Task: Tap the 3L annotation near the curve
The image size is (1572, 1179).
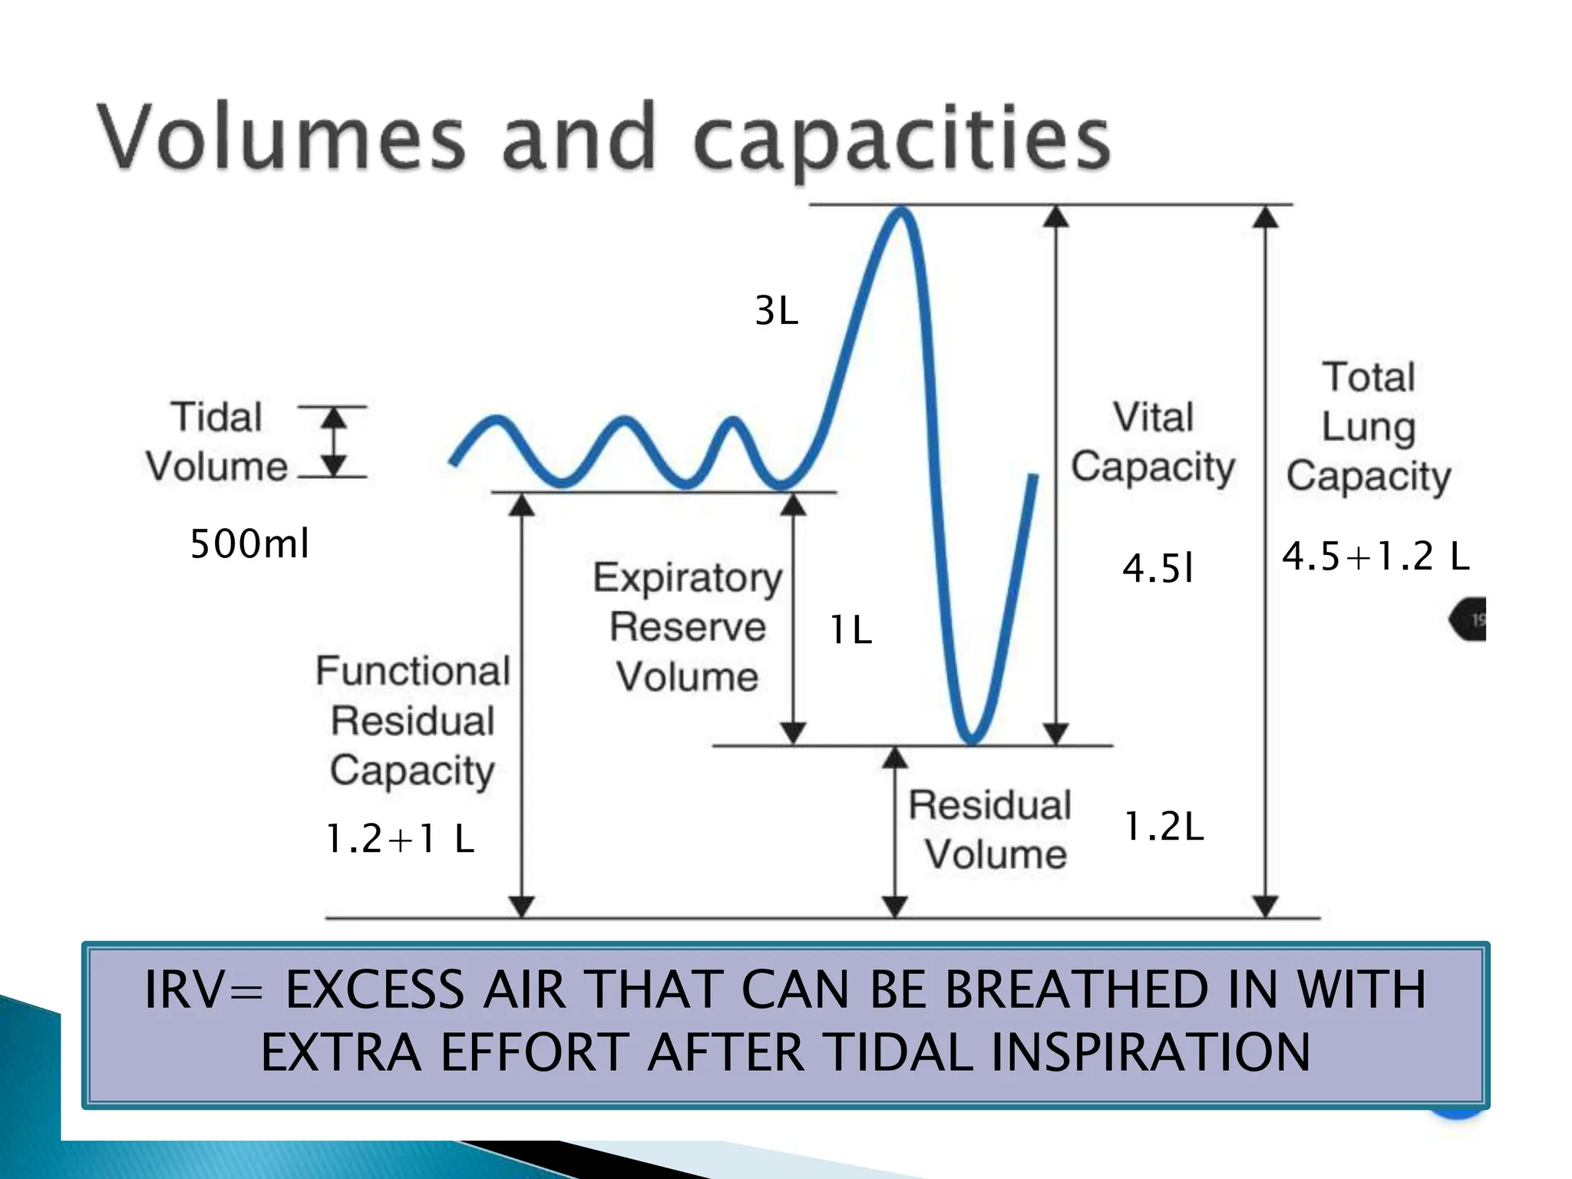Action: pyautogui.click(x=776, y=311)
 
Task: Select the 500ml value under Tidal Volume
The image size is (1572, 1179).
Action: pyautogui.click(x=249, y=543)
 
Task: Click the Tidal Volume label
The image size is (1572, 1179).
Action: pyautogui.click(x=216, y=442)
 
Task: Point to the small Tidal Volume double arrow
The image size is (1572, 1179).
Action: pyautogui.click(x=333, y=442)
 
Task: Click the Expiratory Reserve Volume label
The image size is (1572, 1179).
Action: pyautogui.click(x=688, y=627)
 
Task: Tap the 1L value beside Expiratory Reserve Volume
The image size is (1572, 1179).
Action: pyautogui.click(x=850, y=631)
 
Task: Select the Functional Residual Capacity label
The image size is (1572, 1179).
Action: pyautogui.click(x=413, y=721)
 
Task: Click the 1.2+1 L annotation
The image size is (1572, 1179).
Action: pyautogui.click(x=400, y=838)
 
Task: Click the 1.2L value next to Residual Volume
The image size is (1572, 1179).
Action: pyautogui.click(x=1164, y=827)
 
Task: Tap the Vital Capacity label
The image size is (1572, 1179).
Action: pyautogui.click(x=1153, y=442)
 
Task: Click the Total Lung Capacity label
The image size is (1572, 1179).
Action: pyautogui.click(x=1369, y=427)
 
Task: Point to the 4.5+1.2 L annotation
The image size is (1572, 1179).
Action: pyautogui.click(x=1375, y=556)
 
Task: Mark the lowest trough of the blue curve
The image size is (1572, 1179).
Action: pyautogui.click(x=972, y=740)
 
